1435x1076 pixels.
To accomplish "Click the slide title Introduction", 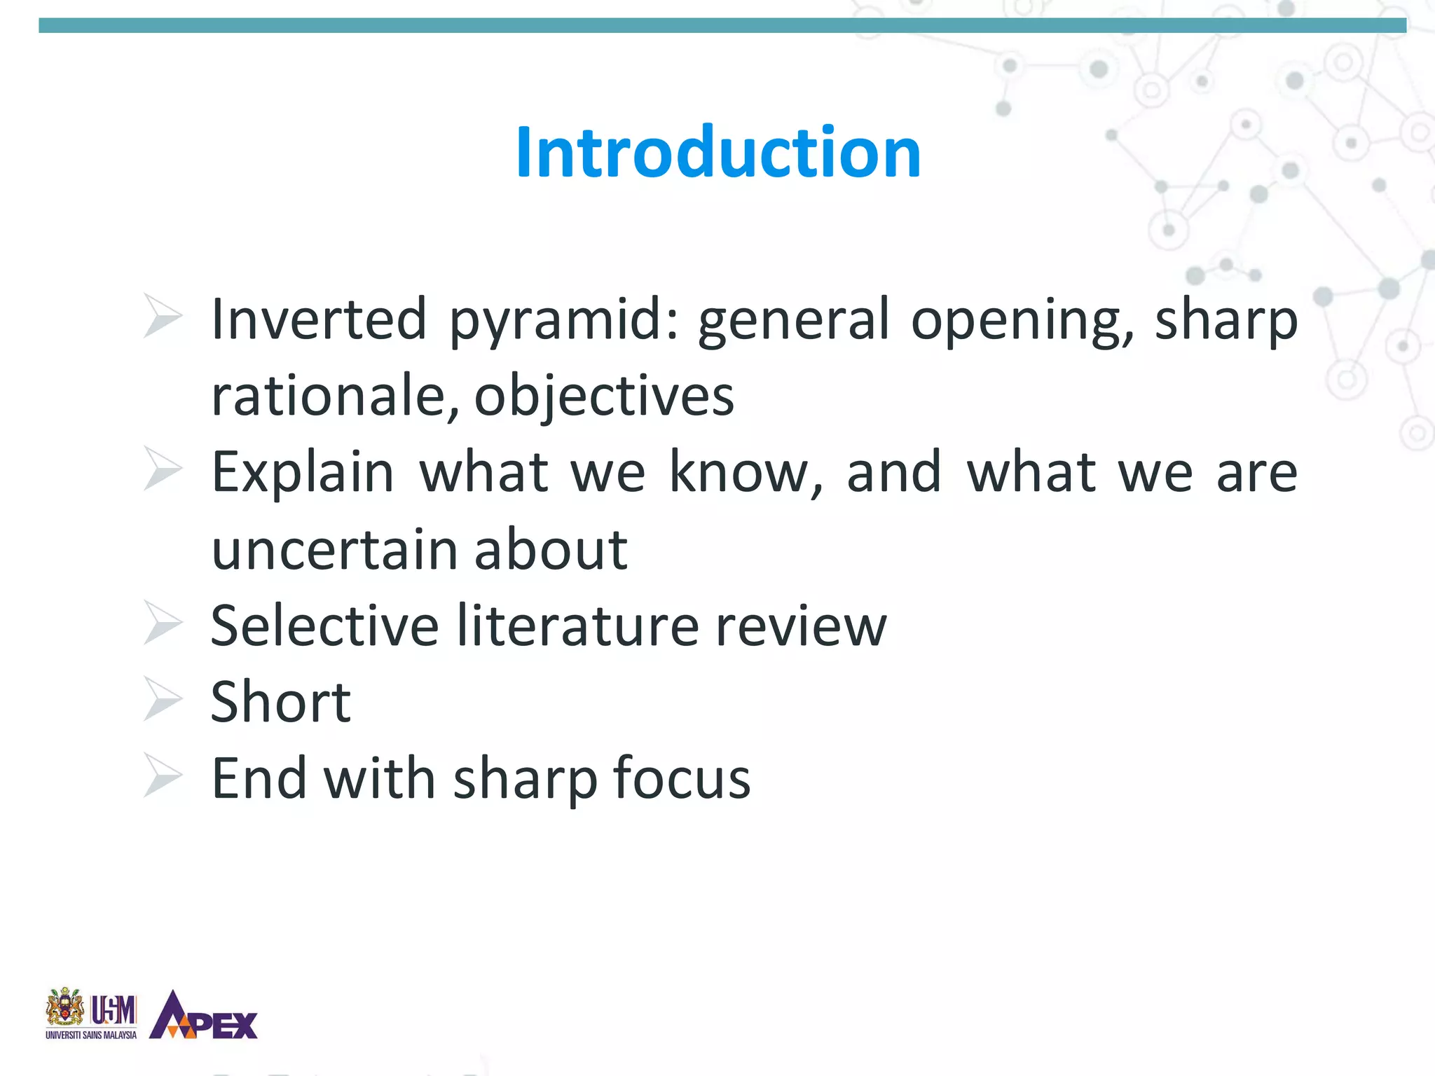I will pyautogui.click(x=717, y=152).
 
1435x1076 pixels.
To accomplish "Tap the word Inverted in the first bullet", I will pyautogui.click(x=319, y=319).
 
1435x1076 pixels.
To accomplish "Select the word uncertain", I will pyautogui.click(x=334, y=550).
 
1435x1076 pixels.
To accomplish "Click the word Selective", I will pyautogui.click(x=324, y=626).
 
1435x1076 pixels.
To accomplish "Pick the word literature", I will pyautogui.click(x=578, y=626).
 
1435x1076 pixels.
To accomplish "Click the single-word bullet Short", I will pyautogui.click(x=281, y=702).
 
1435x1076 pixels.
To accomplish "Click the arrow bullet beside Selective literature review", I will pyautogui.click(x=163, y=623).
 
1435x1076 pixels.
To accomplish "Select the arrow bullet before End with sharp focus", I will pyautogui.click(x=163, y=775).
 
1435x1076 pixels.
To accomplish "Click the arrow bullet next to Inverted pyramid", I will pyautogui.click(x=163, y=316).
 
